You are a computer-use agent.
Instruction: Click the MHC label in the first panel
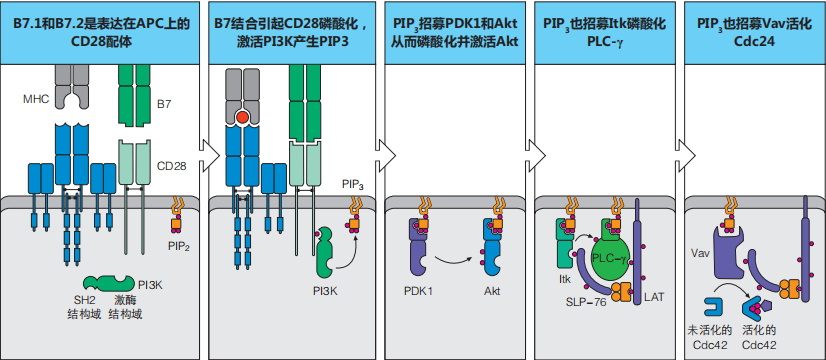tap(36, 99)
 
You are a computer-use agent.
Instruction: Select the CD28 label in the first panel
tap(172, 167)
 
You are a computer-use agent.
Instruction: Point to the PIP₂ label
tap(180, 246)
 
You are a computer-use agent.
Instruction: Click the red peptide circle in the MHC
tap(243, 118)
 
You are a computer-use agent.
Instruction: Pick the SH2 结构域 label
tap(85, 309)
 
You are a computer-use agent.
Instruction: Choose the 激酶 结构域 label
tap(125, 309)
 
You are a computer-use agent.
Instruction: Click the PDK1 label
tap(418, 291)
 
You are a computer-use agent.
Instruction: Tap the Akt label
tap(491, 291)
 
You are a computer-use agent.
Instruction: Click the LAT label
tap(654, 297)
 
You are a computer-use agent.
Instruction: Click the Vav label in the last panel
tap(699, 253)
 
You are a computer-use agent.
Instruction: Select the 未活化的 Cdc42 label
tap(707, 337)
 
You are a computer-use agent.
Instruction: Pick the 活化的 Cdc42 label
tap(760, 337)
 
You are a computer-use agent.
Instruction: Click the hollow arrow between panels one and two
tap(210, 154)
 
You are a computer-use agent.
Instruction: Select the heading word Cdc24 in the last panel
tap(754, 42)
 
